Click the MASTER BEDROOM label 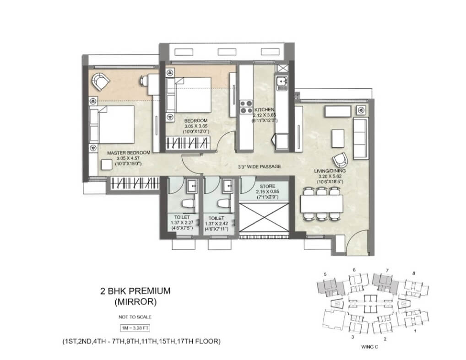pos(129,153)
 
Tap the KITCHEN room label pos(264,110)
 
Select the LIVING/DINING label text pos(330,171)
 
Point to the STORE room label pos(267,186)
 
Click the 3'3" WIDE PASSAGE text pos(259,167)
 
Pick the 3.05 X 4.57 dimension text pos(128,158)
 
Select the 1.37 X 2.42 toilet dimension pos(217,224)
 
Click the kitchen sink pos(281,83)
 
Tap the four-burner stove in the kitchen pos(246,107)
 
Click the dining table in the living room pos(321,204)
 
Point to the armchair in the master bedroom pos(100,81)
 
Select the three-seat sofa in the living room pos(361,139)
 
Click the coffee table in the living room pos(338,139)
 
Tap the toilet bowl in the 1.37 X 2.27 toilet pos(188,204)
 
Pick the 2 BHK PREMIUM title pos(135,291)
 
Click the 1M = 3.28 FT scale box pos(135,328)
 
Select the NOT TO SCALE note pos(135,317)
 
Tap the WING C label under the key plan pos(370,347)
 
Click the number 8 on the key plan pos(414,274)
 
